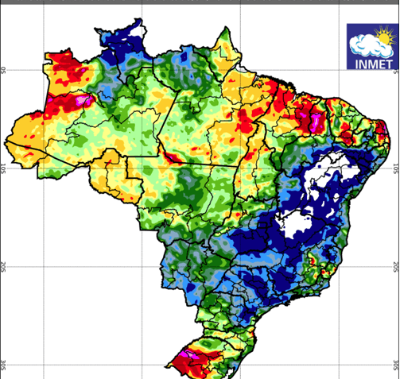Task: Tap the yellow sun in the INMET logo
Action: tap(384, 37)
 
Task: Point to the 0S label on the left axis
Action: tap(3, 71)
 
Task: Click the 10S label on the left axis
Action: tap(3, 168)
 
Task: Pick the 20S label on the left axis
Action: tap(3, 266)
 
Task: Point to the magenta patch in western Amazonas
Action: tap(83, 100)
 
